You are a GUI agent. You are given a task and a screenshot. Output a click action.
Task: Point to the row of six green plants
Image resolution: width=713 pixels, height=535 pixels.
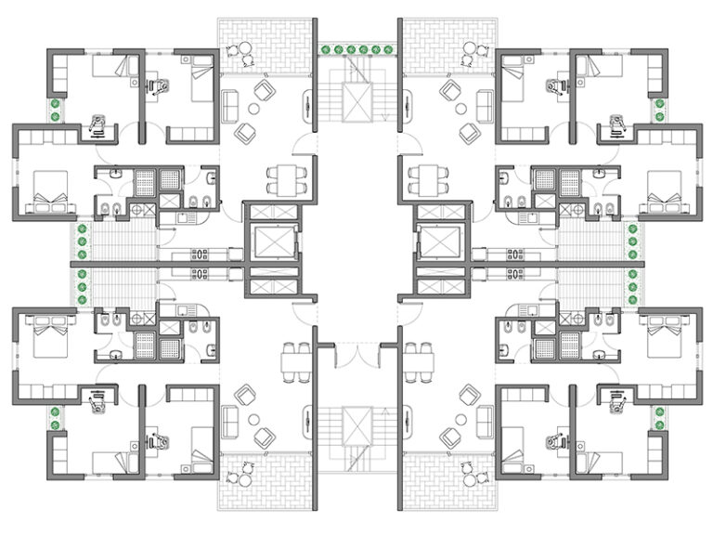coord(356,49)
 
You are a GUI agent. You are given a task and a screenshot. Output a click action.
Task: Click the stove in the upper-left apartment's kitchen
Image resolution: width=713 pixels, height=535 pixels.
coord(199,254)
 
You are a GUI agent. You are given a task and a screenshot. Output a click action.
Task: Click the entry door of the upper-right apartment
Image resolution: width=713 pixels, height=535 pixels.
coord(406,145)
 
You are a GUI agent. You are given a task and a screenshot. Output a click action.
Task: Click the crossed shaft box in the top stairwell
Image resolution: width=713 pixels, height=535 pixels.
coord(356,101)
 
